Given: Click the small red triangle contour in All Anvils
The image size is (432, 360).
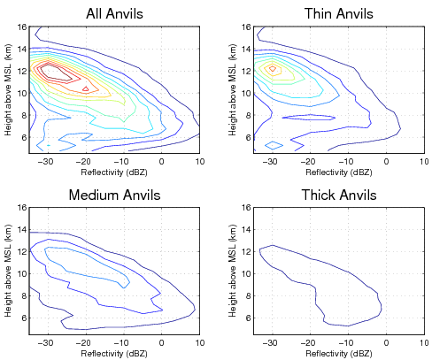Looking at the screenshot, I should tap(85, 88).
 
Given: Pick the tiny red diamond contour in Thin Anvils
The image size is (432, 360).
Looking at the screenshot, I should tap(273, 67).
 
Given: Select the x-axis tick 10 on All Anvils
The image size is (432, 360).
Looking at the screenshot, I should tap(199, 161).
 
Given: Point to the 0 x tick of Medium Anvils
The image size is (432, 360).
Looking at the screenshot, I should tap(161, 343).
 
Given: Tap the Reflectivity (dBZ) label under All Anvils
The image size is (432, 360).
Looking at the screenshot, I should tap(116, 171).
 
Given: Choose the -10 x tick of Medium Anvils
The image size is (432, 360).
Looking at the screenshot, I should tap(123, 343).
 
